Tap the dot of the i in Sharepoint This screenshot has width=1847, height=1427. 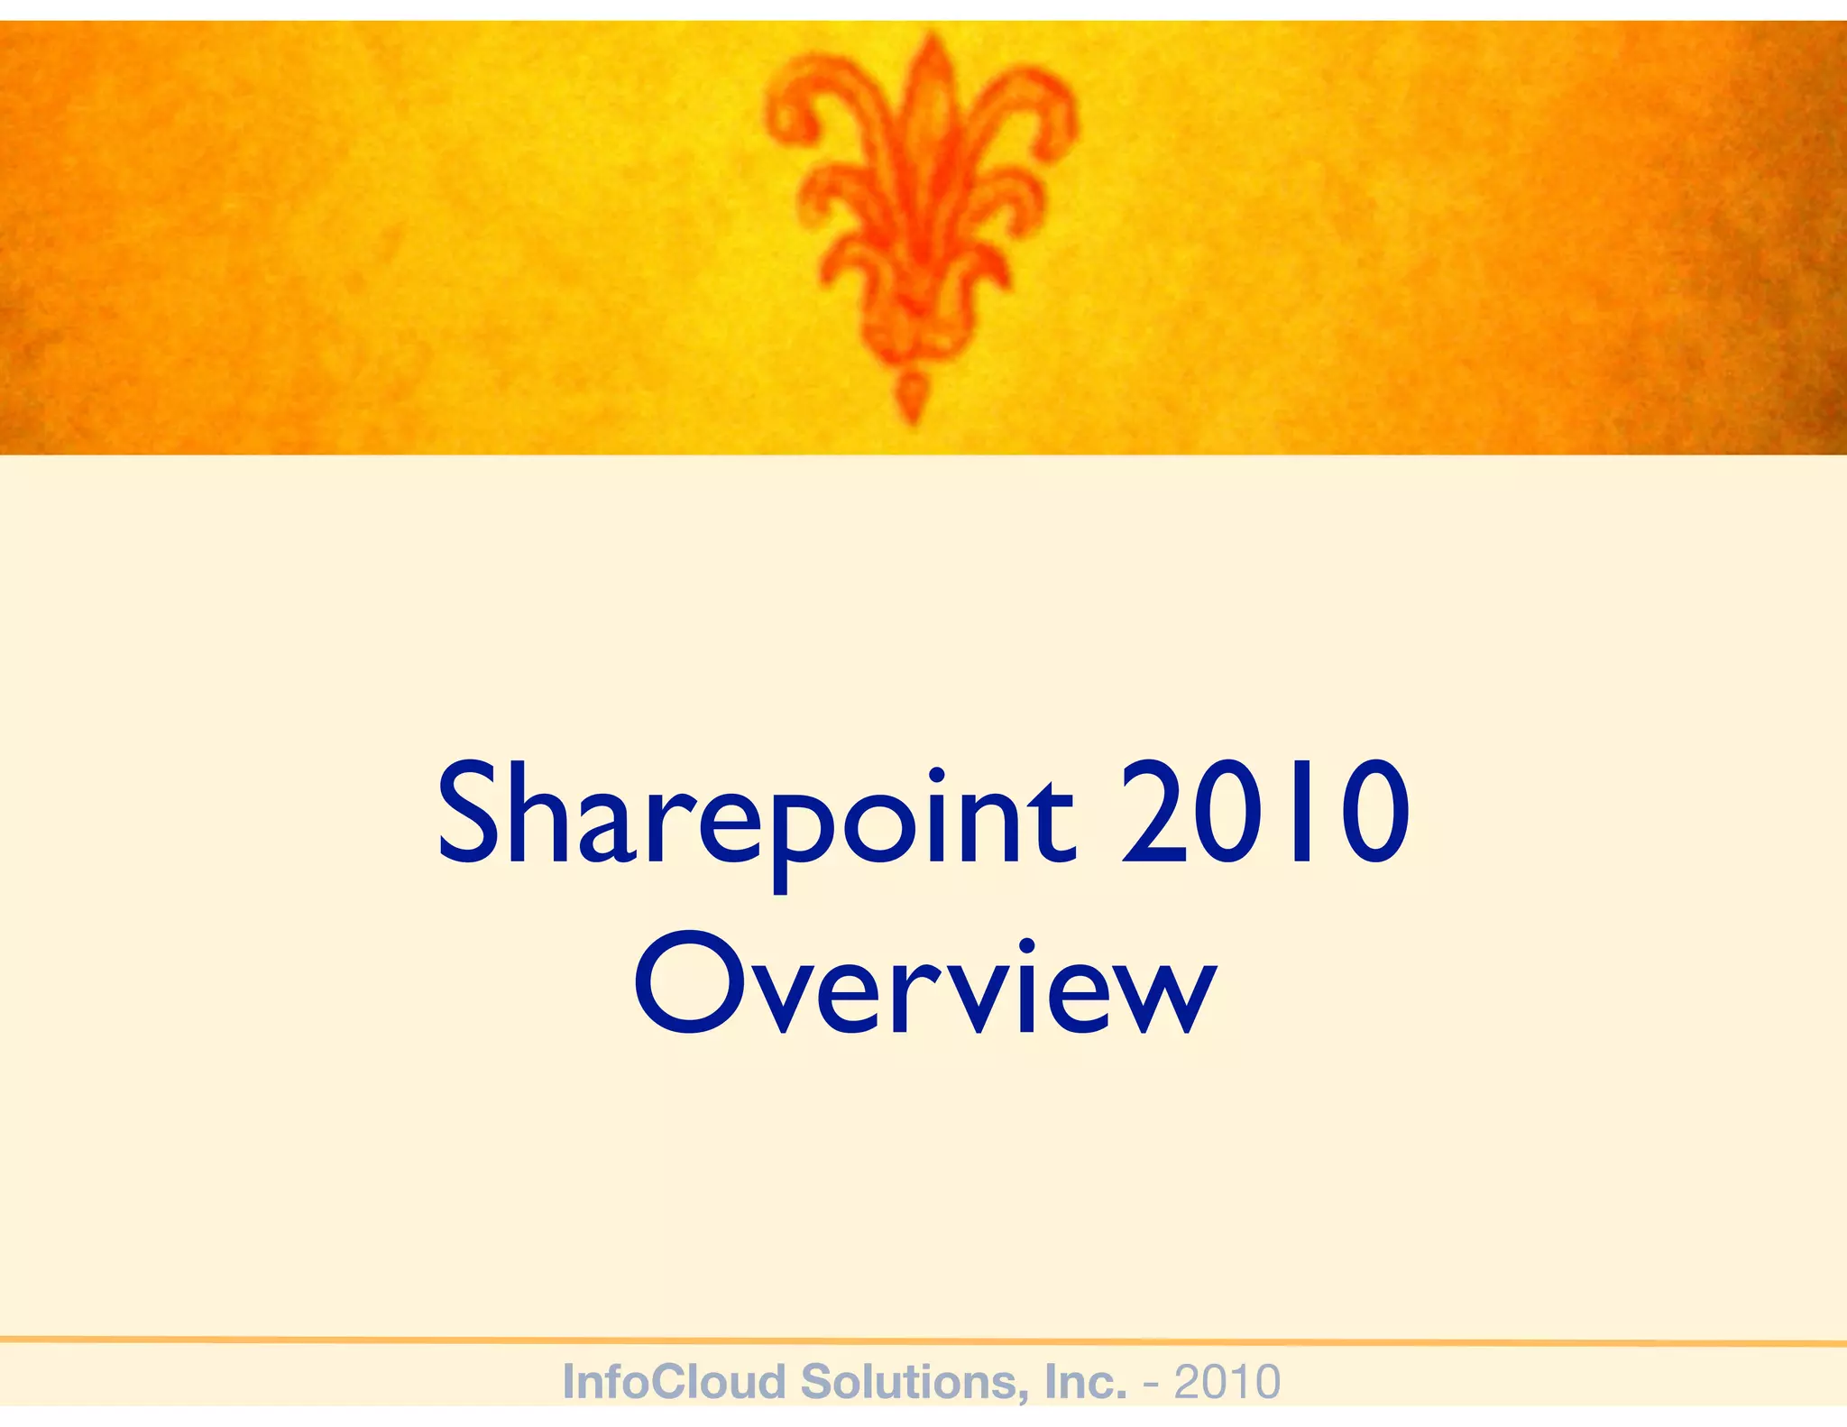(x=936, y=775)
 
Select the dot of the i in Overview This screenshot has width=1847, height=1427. (x=1026, y=946)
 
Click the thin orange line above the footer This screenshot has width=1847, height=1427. (x=923, y=1341)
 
